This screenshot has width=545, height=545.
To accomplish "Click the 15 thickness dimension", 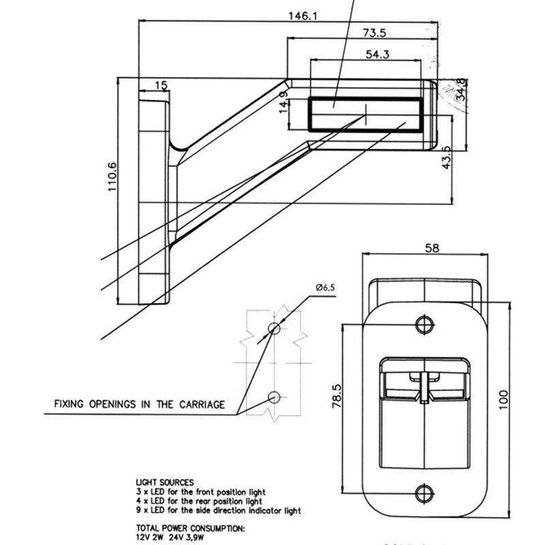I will point(161,85).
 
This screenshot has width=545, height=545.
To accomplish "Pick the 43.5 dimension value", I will point(447,157).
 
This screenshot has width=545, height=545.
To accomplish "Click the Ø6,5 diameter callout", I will point(326,288).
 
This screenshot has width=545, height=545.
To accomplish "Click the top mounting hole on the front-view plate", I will point(425,322).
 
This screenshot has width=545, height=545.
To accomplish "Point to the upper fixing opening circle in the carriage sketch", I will point(274,329).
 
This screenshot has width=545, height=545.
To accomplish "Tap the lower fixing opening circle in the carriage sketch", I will point(274,396).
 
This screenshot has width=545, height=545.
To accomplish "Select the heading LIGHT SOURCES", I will point(165,482).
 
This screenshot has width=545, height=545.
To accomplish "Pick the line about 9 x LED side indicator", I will point(218,510).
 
